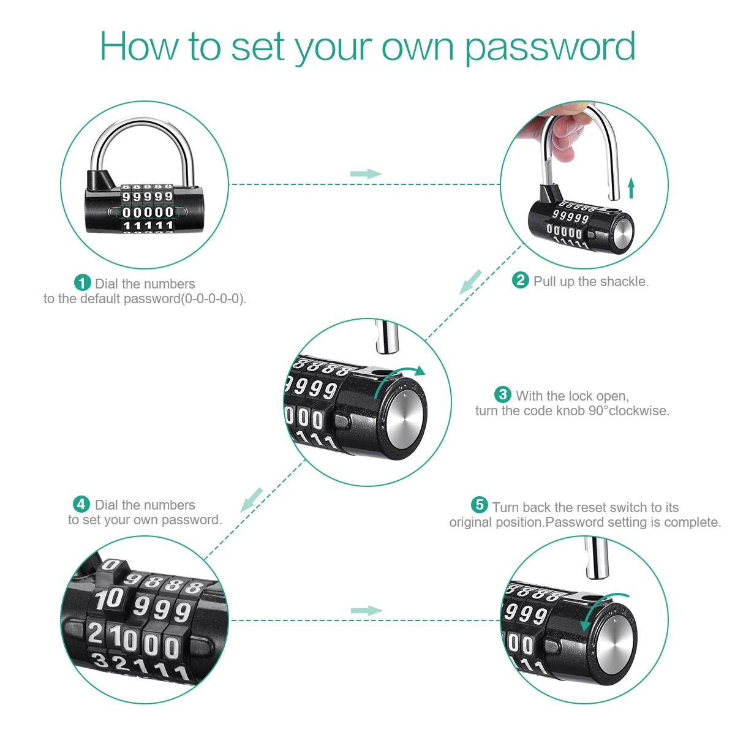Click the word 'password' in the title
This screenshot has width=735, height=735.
click(549, 48)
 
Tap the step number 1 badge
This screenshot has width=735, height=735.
click(83, 283)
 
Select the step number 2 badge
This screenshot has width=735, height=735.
click(521, 281)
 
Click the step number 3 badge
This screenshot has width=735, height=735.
click(503, 395)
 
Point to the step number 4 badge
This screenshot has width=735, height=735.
click(81, 505)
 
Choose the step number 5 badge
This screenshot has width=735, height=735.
click(480, 505)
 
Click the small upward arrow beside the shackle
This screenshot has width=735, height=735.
click(631, 188)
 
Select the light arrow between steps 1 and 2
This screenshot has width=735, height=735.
click(366, 174)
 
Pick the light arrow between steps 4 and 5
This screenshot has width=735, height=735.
click(366, 611)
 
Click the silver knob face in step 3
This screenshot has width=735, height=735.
click(407, 419)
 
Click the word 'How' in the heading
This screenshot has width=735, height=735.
click(139, 47)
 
